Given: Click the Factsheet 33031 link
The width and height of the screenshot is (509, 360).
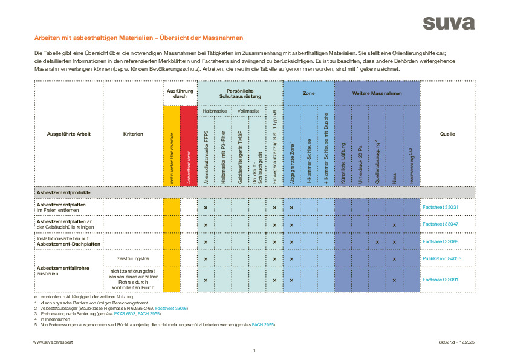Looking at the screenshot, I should click(x=441, y=208).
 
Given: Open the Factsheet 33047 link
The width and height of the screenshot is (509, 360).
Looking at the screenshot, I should click(x=441, y=224).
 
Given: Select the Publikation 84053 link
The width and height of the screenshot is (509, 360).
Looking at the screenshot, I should click(x=442, y=258).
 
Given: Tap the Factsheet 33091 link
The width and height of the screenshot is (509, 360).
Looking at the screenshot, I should click(x=441, y=280).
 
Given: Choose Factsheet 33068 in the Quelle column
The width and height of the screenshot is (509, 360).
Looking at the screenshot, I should click(x=441, y=241).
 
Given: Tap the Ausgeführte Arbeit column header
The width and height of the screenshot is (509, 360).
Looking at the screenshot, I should click(x=68, y=134).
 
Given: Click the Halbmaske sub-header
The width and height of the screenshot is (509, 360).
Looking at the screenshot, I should click(x=214, y=111).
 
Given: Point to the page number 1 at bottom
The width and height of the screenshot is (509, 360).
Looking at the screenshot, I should click(x=254, y=350).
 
